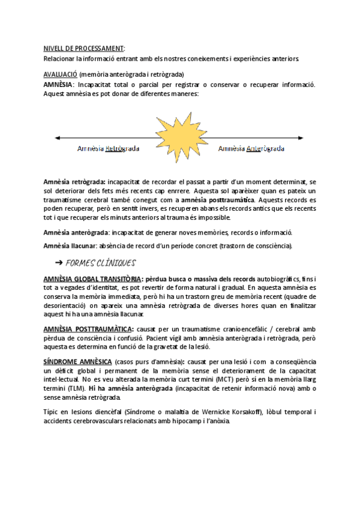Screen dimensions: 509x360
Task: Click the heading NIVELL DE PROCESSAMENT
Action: click(x=84, y=47)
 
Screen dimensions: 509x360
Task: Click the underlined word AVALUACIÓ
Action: click(x=61, y=74)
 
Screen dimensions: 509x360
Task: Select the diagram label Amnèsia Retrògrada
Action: click(x=108, y=149)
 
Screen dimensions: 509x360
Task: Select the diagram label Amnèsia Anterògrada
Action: click(x=251, y=149)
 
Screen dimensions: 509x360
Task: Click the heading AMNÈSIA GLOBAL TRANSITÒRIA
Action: click(x=92, y=279)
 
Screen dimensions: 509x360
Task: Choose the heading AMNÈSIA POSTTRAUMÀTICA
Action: click(x=89, y=330)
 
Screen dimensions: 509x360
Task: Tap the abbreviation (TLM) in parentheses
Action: click(x=75, y=389)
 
